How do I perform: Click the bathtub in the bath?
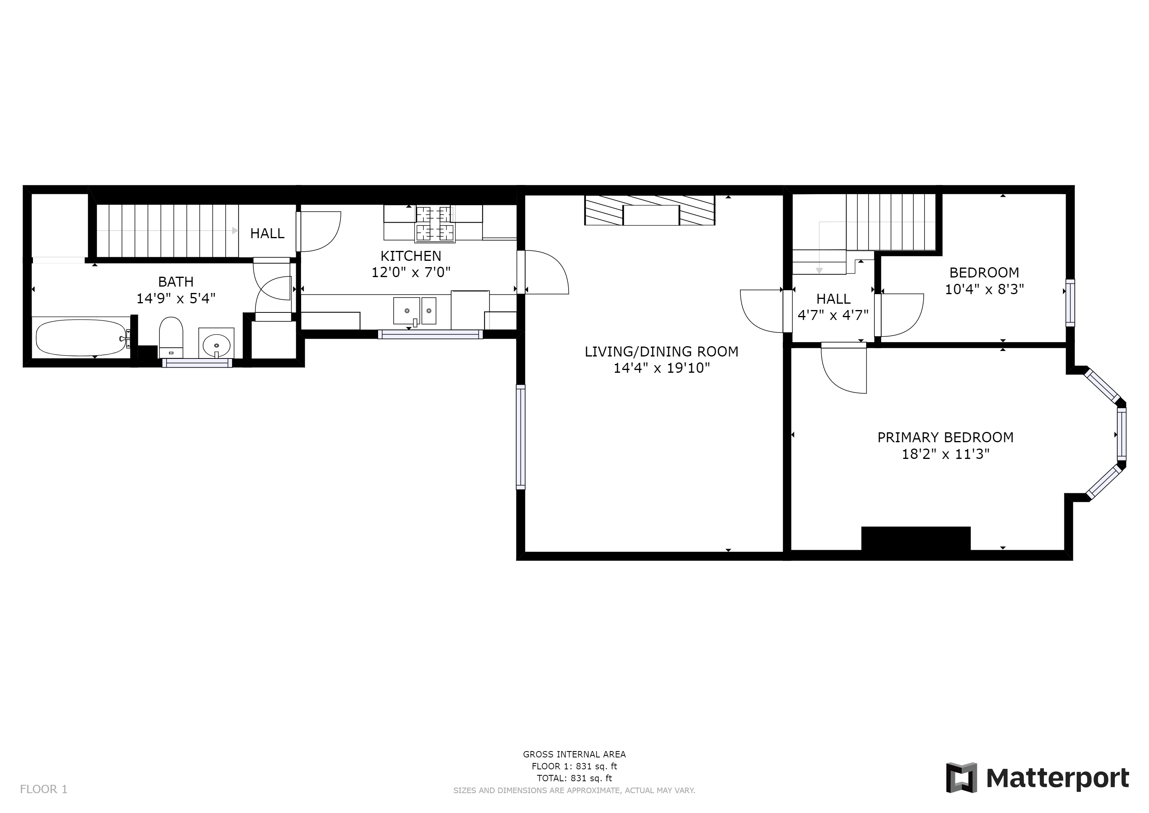pos(81,337)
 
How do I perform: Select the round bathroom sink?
pos(217,345)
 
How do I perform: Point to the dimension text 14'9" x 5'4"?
pos(176,299)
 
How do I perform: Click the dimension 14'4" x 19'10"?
pos(661,368)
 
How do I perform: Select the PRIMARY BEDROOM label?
pos(945,437)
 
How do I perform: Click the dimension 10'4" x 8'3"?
pos(984,289)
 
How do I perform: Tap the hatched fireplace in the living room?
pos(649,210)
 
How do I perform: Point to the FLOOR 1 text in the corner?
pos(44,790)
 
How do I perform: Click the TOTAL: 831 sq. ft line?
pos(574,778)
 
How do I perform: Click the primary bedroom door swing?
pos(844,370)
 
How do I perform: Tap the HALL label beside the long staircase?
pos(267,233)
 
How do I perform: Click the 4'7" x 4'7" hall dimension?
pos(833,315)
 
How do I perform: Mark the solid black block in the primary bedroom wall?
pos(916,539)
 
